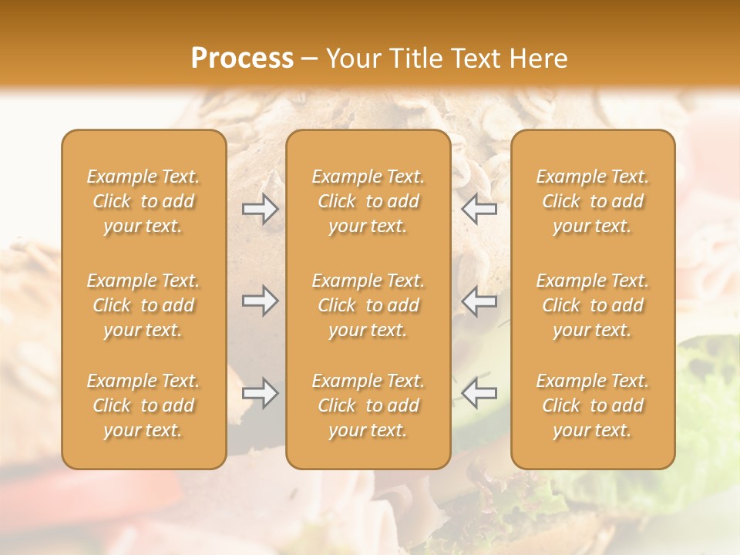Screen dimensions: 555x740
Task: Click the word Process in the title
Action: click(x=242, y=59)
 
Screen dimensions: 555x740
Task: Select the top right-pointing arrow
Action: click(x=261, y=209)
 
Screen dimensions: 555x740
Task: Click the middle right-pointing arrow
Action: click(x=261, y=301)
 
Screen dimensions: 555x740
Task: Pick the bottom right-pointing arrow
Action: click(x=261, y=393)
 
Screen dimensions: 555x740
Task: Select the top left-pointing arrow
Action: click(x=479, y=209)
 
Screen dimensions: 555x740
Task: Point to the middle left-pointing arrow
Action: click(x=479, y=301)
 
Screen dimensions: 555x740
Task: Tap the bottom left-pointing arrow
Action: click(x=479, y=393)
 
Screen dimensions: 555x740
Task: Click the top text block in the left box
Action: click(x=143, y=201)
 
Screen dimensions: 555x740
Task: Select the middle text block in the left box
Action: click(x=143, y=305)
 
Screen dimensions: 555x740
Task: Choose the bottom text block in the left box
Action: click(x=143, y=405)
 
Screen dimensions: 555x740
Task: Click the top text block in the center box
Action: click(x=368, y=201)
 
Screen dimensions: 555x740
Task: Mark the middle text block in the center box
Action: click(x=368, y=305)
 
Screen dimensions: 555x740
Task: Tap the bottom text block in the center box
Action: click(x=368, y=405)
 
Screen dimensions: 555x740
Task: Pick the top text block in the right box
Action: click(x=593, y=201)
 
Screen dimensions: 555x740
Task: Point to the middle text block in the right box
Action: click(x=593, y=305)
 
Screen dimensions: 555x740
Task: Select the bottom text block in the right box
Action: click(x=593, y=405)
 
